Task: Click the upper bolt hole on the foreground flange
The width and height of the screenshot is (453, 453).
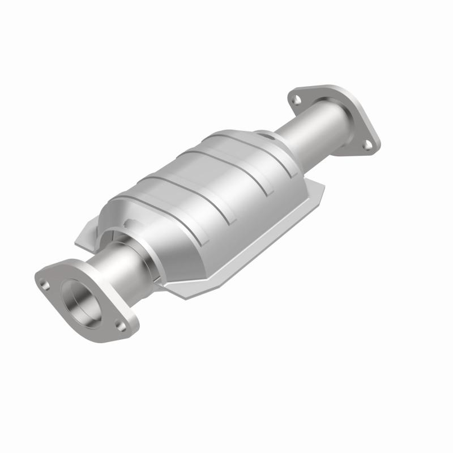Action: pos(46,279)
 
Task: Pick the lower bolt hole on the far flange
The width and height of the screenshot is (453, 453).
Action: pos(367,145)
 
